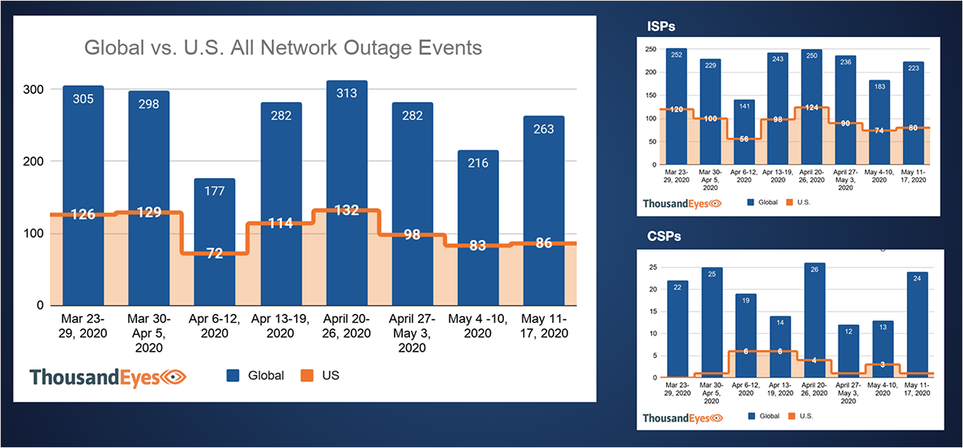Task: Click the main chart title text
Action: [x=282, y=48]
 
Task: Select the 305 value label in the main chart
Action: [x=83, y=102]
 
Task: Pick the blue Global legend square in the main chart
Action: [x=234, y=375]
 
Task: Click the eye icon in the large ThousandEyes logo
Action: [x=174, y=376]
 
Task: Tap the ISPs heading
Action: [x=661, y=27]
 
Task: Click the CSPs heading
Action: [x=661, y=238]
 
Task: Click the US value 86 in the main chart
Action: [x=544, y=242]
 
